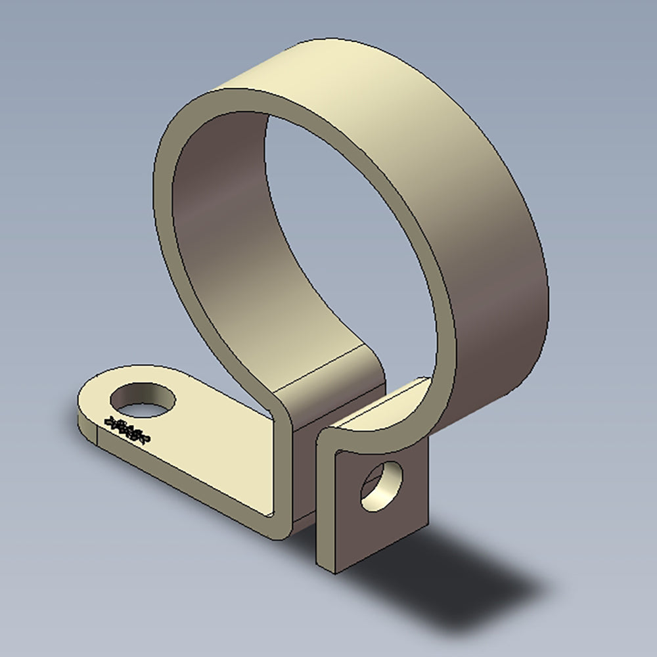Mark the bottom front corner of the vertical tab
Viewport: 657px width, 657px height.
335,570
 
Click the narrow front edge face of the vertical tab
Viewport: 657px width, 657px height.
326,506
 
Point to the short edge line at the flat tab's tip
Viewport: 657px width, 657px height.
97,434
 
